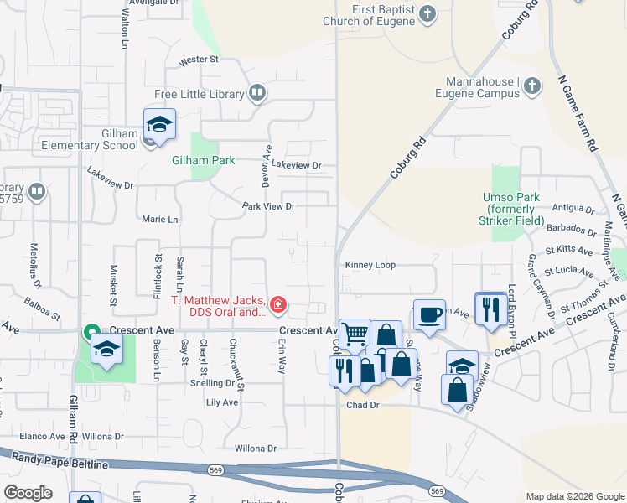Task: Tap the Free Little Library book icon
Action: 257,94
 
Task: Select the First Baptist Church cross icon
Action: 427,13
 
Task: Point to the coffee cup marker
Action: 429,315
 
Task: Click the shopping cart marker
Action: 355,334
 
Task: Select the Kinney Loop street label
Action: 370,265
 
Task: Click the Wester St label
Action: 199,60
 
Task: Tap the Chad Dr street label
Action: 363,405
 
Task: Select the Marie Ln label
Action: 161,220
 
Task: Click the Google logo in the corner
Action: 28,493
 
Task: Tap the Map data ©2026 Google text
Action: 575,496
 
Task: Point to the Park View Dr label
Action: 269,205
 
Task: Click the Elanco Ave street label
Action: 43,437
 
